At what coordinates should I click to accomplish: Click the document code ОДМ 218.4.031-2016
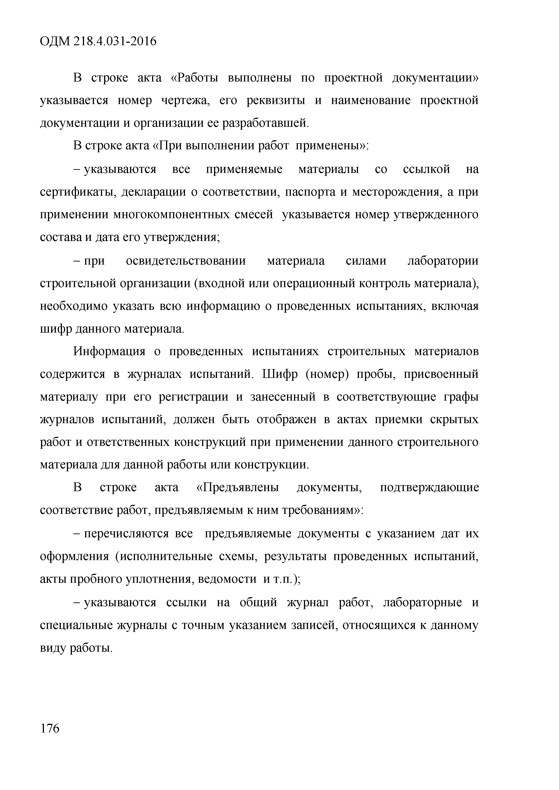[x=98, y=42]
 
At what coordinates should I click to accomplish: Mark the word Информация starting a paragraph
[x=109, y=352]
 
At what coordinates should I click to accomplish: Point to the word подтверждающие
[x=429, y=488]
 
